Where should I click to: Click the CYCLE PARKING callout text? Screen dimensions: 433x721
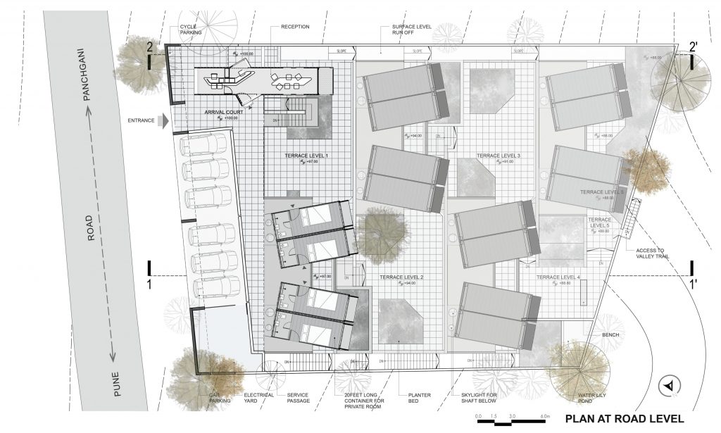pyautogui.click(x=192, y=29)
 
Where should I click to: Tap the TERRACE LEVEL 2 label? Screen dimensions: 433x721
pyautogui.click(x=398, y=278)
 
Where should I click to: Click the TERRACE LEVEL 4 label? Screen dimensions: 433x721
pyautogui.click(x=558, y=278)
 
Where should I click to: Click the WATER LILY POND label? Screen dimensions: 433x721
pyautogui.click(x=592, y=399)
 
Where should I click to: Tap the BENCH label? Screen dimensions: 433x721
pyautogui.click(x=610, y=334)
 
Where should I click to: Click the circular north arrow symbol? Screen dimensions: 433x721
pyautogui.click(x=670, y=385)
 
